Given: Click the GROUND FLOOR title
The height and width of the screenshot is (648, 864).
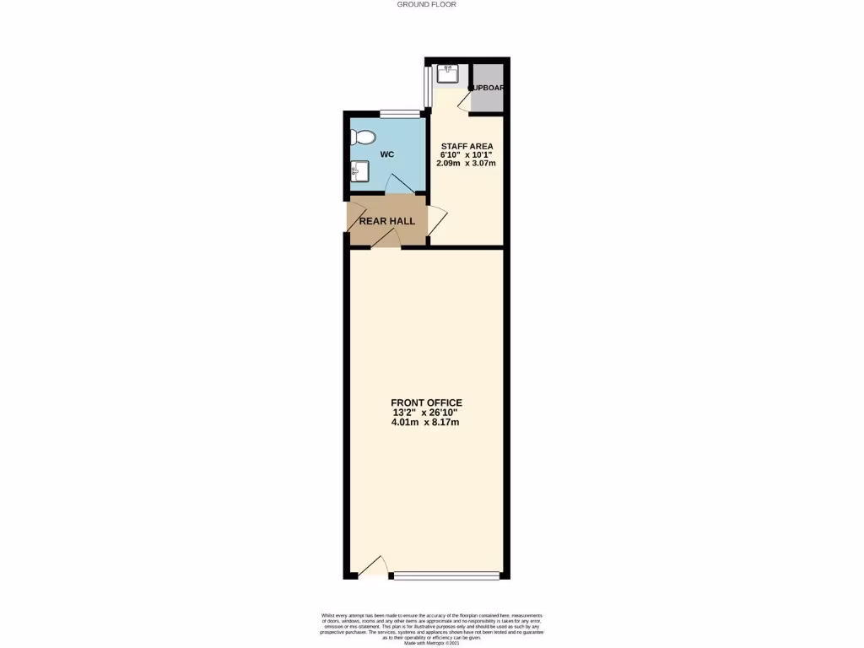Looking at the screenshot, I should click(426, 4).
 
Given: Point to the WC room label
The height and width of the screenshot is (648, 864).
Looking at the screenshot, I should click(387, 154).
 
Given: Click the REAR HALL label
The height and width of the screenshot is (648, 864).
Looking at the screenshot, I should click(387, 221).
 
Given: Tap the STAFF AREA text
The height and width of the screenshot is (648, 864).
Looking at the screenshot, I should click(467, 147).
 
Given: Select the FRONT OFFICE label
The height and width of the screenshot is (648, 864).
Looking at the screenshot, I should click(426, 402).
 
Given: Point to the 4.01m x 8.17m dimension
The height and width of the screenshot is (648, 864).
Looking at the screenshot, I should click(425, 423).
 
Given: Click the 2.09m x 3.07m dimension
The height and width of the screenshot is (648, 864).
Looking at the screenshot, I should click(466, 163).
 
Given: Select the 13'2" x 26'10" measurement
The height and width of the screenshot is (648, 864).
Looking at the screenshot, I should click(426, 413).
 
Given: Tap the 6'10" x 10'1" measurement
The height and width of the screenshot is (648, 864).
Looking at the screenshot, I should click(466, 155).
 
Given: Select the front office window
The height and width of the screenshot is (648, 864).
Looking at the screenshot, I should click(446, 576).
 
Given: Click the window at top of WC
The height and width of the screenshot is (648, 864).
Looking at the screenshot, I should click(399, 114).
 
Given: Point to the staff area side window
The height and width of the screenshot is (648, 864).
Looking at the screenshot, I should click(427, 88).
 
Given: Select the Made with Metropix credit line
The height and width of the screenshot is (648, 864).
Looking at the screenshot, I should click(431, 644).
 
